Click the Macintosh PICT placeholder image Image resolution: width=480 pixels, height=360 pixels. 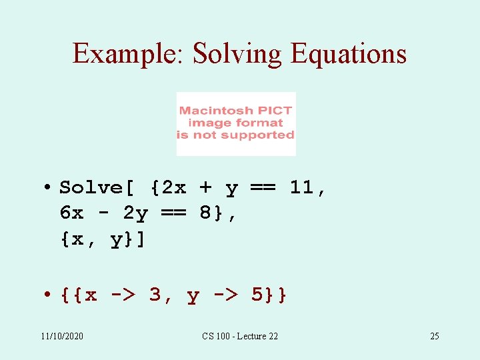tap(235, 123)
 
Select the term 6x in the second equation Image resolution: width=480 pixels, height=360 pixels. tap(71, 213)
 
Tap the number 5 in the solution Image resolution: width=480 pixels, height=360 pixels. tap(257, 295)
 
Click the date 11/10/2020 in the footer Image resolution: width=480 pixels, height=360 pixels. tap(62, 336)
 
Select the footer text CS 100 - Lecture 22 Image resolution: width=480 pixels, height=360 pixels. tap(240, 336)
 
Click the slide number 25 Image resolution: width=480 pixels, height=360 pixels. tap(434, 336)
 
